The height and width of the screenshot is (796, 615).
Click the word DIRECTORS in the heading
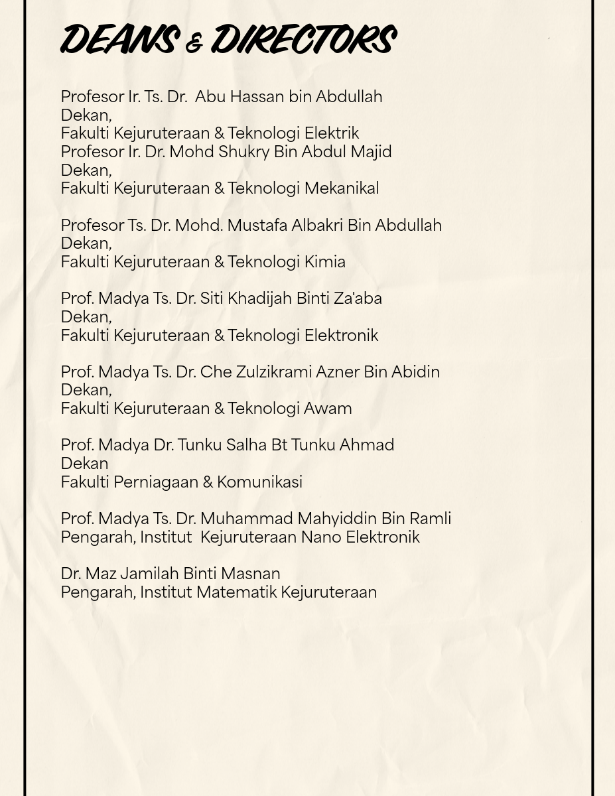(304, 39)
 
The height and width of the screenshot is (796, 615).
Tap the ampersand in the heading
(194, 44)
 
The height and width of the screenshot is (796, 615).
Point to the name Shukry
(243, 152)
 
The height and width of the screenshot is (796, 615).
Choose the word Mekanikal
(341, 188)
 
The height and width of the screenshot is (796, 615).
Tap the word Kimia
(324, 262)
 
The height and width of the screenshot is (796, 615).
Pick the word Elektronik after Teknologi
(341, 336)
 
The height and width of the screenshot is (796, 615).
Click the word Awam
(328, 409)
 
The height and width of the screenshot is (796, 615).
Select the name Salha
(246, 445)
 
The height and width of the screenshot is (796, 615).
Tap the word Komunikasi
(259, 482)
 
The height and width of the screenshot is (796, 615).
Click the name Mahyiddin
(336, 519)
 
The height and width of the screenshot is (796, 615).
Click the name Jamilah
(149, 574)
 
